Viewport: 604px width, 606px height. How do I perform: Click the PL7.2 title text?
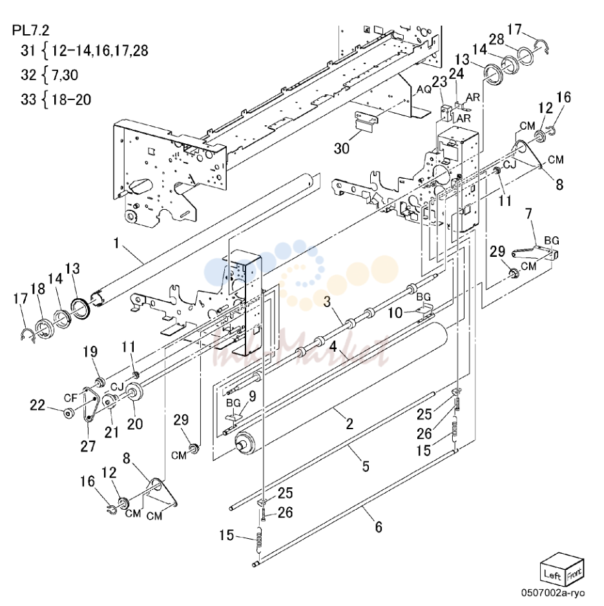coord(31,30)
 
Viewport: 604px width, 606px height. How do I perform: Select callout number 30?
coord(342,148)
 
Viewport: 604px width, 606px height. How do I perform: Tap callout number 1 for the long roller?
coord(116,243)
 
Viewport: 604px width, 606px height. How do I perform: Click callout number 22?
coord(37,405)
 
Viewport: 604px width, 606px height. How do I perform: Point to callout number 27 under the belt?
coord(88,446)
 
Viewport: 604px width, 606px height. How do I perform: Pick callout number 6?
coord(379,527)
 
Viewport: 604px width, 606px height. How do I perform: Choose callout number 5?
coord(366,467)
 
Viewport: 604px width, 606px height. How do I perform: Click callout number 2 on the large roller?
coord(349,424)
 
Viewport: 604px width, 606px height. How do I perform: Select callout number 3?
coord(328,301)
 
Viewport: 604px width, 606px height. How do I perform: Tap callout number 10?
coord(395,312)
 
